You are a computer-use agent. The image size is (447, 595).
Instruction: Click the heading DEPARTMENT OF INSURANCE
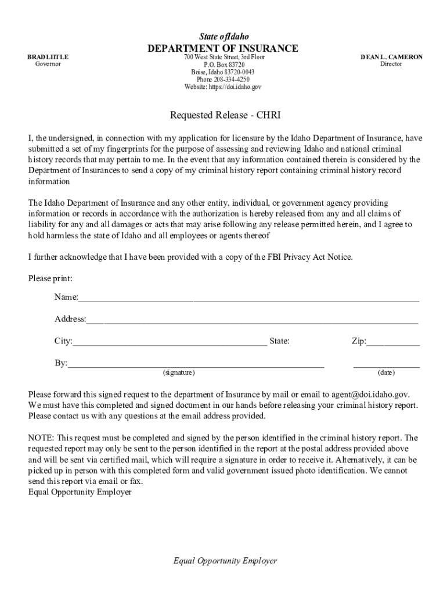coord(223,48)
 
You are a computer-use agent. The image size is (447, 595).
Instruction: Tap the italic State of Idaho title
coord(223,36)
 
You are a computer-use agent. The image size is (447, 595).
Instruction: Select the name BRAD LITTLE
coord(48,57)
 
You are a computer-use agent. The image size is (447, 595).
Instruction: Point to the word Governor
coord(48,64)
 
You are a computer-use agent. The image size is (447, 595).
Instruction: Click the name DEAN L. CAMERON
coord(391,57)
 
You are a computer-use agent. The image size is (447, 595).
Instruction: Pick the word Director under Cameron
coord(391,64)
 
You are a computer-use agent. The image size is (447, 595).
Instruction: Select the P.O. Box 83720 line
coord(223,64)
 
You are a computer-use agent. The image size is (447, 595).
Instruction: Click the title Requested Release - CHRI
coord(225,115)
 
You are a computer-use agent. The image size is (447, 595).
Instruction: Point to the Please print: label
coord(51,278)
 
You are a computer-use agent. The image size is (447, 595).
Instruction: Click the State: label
coord(279,341)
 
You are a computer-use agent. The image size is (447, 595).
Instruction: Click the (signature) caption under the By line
coord(179,372)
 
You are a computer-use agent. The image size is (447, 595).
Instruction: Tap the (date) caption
coord(386,372)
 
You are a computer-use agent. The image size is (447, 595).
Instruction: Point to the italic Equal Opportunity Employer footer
coord(225,561)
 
